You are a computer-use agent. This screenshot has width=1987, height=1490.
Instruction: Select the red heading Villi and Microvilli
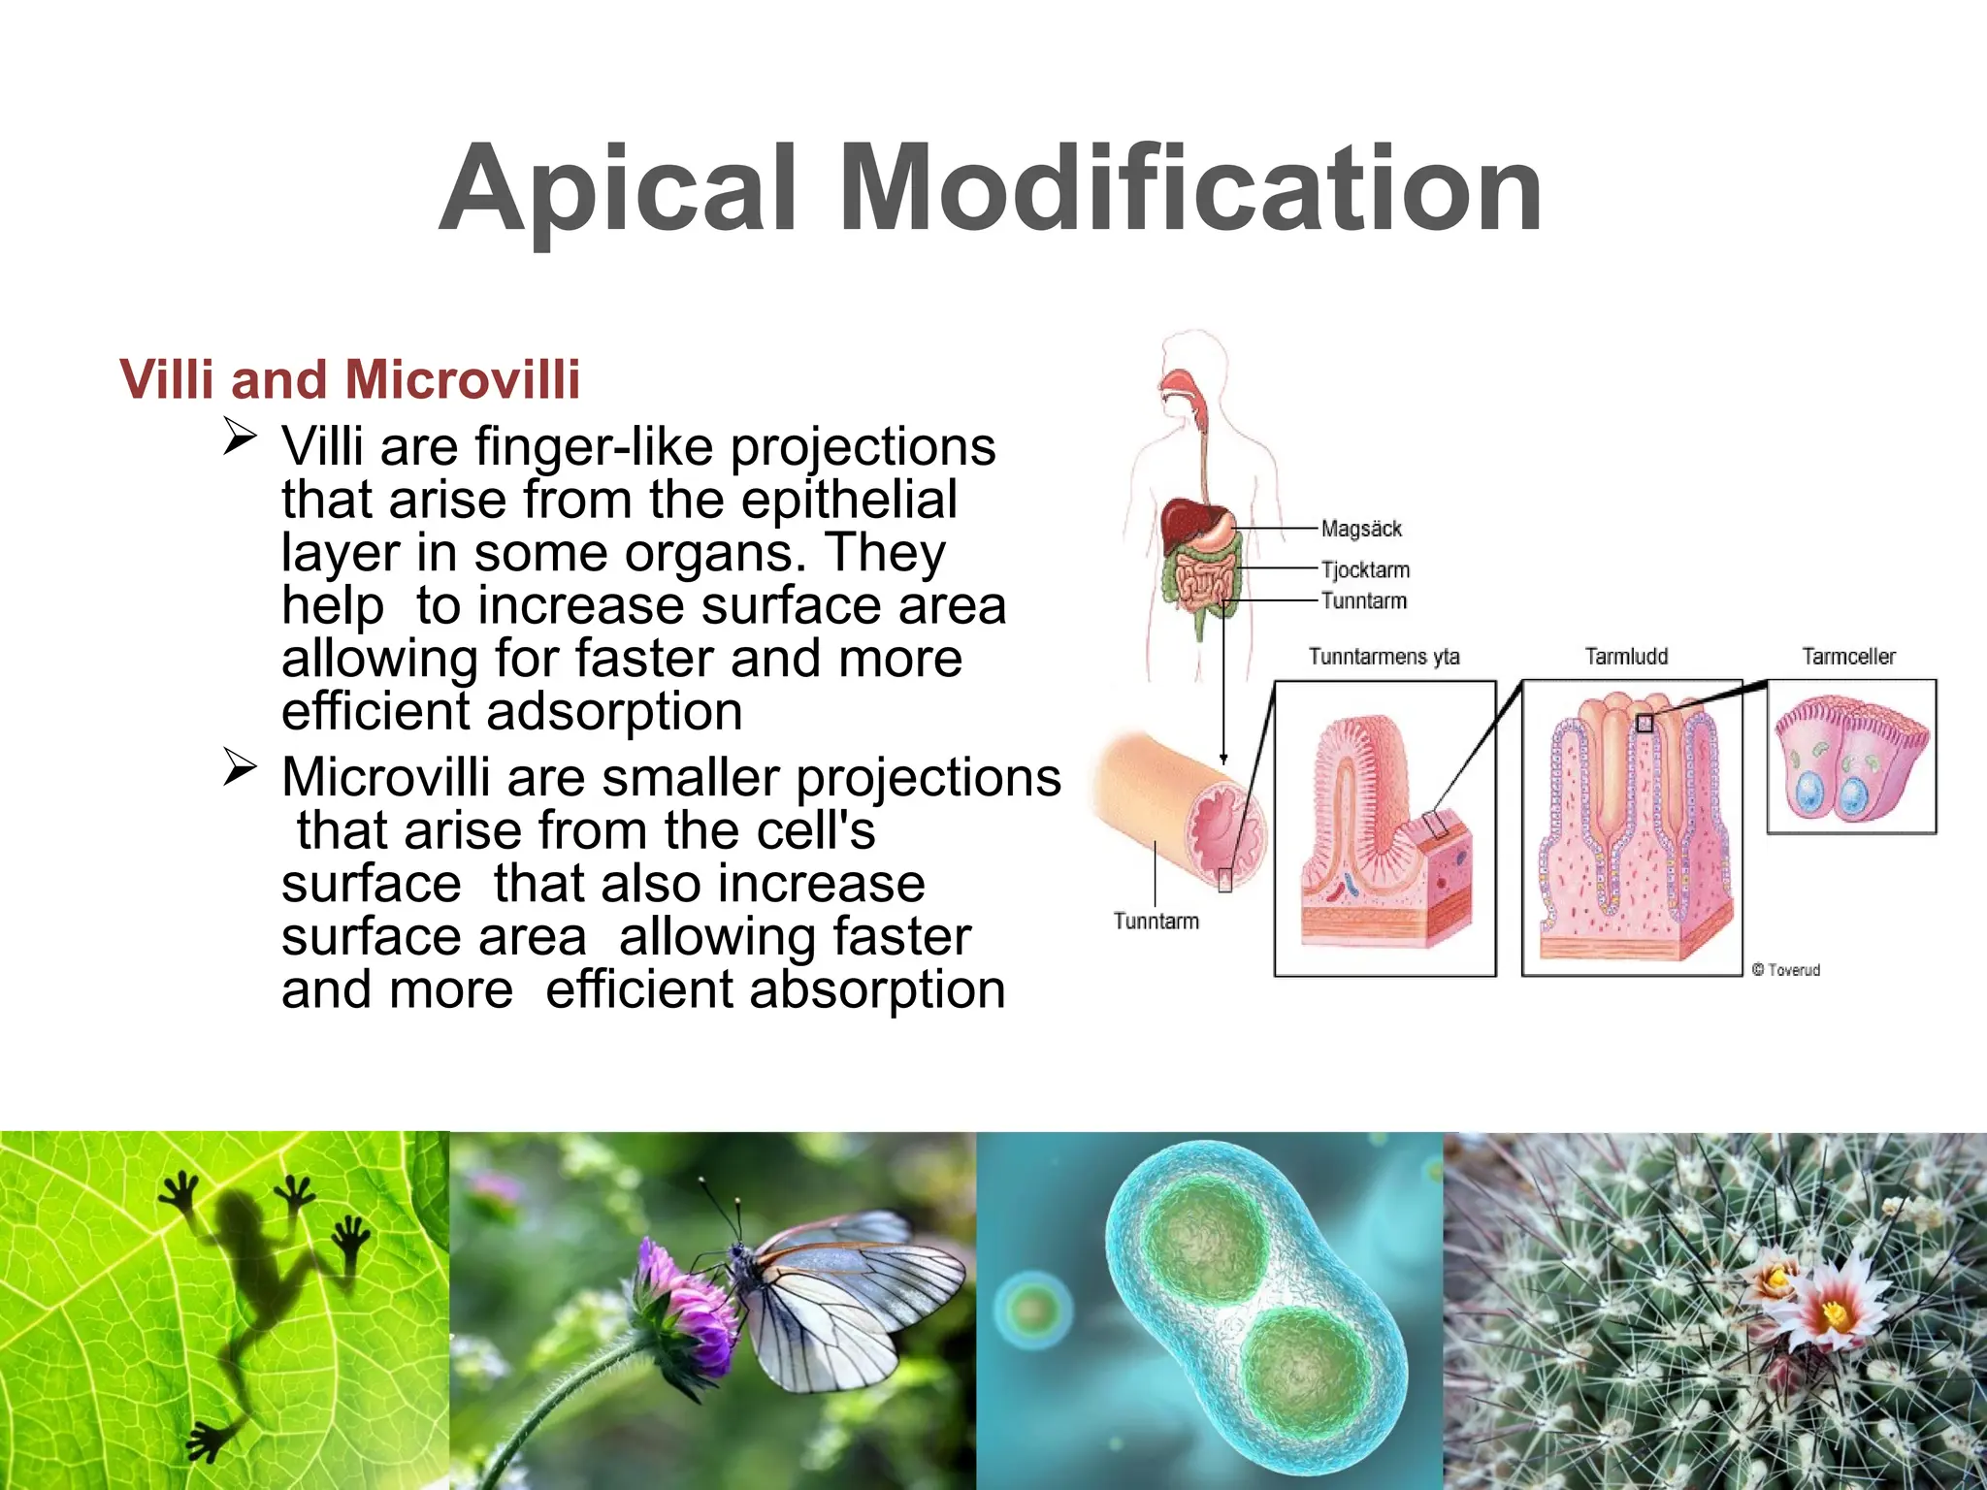click(x=349, y=379)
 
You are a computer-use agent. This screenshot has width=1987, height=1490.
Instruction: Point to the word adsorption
click(x=614, y=711)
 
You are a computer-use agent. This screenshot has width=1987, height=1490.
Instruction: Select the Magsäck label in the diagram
click(x=1361, y=529)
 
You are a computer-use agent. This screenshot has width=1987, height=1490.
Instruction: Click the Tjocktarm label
click(x=1365, y=569)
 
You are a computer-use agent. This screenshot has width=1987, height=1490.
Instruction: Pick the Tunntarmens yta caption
click(x=1384, y=657)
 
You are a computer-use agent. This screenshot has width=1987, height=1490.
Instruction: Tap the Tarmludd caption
click(x=1626, y=657)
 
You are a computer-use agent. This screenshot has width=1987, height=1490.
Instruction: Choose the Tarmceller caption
click(x=1848, y=657)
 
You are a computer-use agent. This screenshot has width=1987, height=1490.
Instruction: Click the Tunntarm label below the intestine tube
click(x=1156, y=921)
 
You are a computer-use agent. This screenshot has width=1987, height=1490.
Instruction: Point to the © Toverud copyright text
click(x=1786, y=970)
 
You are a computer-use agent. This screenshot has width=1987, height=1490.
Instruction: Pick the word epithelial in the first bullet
click(x=849, y=501)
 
